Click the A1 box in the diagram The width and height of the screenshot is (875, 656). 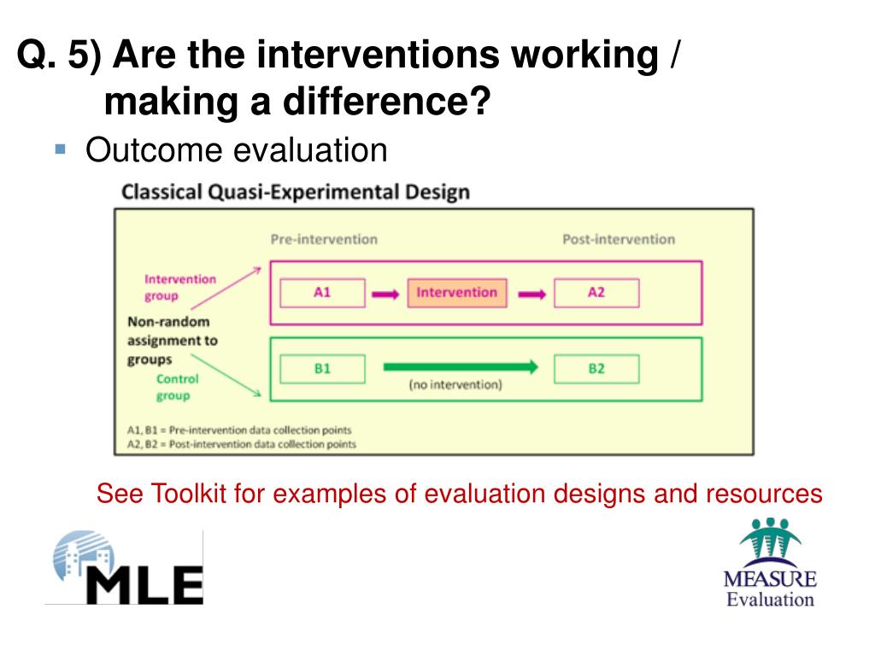click(x=322, y=293)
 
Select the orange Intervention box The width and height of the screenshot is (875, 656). click(x=457, y=293)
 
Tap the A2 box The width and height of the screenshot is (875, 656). click(x=596, y=293)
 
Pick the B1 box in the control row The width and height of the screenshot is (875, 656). click(x=322, y=369)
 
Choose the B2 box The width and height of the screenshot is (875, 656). click(x=596, y=369)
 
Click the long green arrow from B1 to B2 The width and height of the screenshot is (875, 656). click(x=461, y=366)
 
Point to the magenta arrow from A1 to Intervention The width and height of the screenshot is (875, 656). click(x=385, y=294)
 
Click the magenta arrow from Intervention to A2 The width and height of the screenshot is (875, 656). click(x=531, y=294)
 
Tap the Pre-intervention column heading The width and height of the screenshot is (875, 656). click(x=324, y=239)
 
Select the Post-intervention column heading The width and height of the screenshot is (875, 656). click(x=619, y=239)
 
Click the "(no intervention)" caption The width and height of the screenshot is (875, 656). click(x=455, y=384)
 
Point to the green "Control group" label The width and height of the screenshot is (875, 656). click(x=177, y=387)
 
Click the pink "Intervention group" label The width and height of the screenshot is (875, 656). click(x=179, y=287)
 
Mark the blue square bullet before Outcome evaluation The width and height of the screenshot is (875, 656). click(x=61, y=149)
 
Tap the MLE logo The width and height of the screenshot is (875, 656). click(x=124, y=567)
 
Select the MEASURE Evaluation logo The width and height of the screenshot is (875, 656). click(x=770, y=562)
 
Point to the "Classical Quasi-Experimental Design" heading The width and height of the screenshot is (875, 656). click(x=296, y=192)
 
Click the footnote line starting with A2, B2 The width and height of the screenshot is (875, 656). click(x=242, y=444)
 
